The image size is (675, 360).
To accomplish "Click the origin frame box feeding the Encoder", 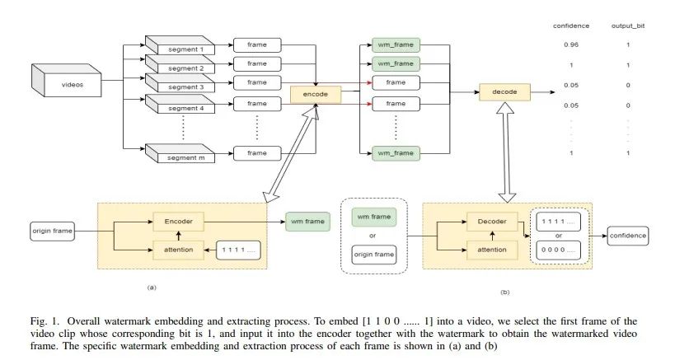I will (52, 231).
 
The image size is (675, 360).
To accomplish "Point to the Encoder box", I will (177, 221).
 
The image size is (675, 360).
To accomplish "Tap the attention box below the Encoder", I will (177, 248).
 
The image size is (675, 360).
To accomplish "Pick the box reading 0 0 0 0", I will (560, 248).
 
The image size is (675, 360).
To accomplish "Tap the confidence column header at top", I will (570, 26).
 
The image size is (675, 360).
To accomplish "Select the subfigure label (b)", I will (504, 292).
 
